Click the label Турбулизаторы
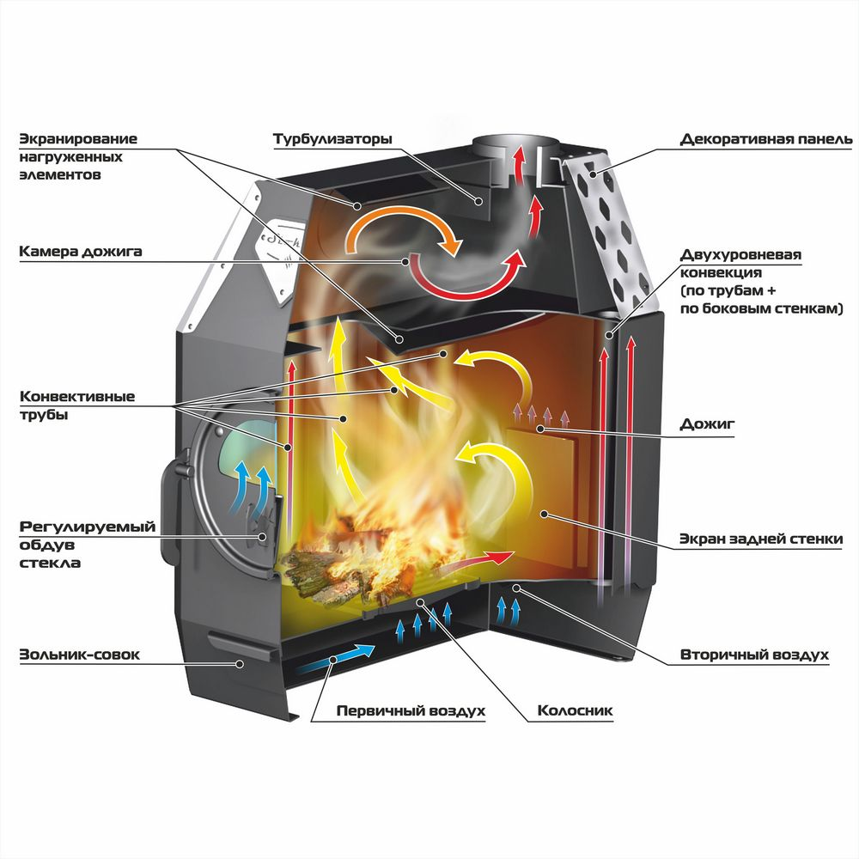point(332,138)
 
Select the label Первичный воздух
point(411,711)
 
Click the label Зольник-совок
point(79,655)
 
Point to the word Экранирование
point(78,138)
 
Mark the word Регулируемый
point(87,527)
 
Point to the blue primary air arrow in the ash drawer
point(335,661)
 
